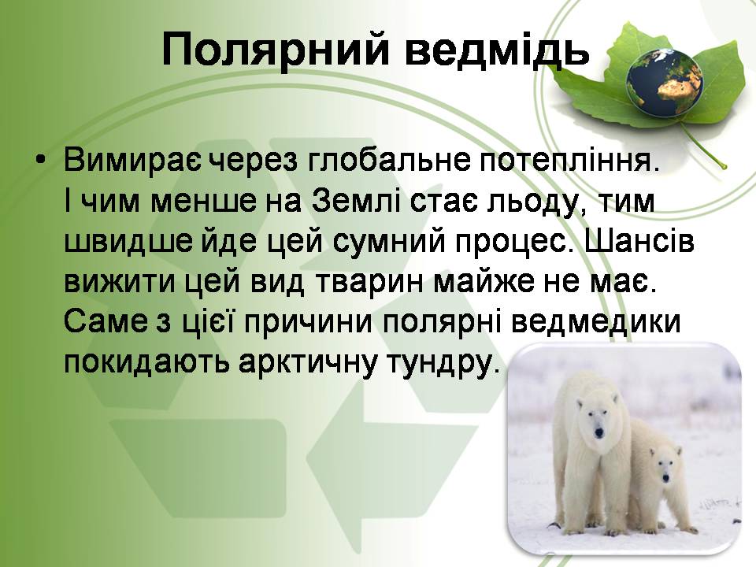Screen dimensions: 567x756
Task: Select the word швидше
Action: (x=129, y=242)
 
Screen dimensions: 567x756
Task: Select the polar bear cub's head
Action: (x=665, y=465)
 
